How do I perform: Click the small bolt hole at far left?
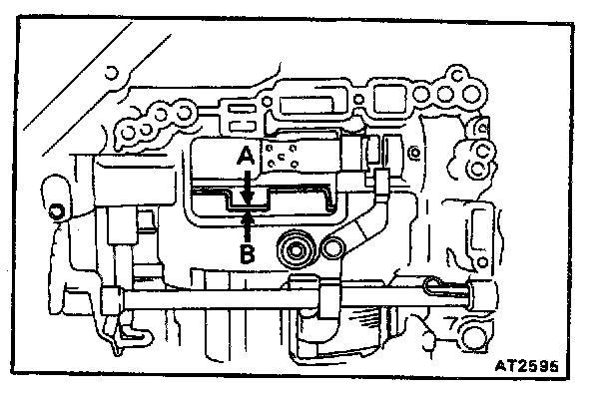(x=56, y=210)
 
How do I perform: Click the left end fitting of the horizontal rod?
(x=112, y=296)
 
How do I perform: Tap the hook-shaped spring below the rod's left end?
(x=120, y=335)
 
